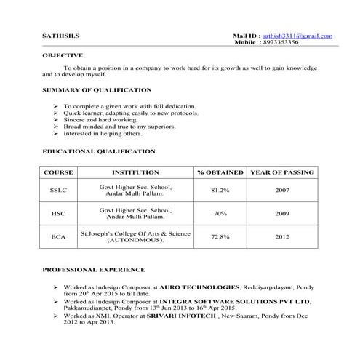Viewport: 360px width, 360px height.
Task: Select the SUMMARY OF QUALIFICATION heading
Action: [97, 90]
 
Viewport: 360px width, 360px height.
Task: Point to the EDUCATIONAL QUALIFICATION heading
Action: [99, 151]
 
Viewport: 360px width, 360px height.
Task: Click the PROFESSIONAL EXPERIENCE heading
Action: [93, 270]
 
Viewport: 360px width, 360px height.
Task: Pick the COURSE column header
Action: [59, 172]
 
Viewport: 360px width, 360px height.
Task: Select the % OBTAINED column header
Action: [220, 172]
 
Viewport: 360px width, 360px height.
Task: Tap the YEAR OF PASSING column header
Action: [282, 172]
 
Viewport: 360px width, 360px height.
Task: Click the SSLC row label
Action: [59, 191]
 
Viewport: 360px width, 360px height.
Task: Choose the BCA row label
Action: [59, 236]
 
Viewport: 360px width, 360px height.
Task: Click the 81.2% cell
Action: [220, 191]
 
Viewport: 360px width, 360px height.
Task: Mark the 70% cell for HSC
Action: [220, 214]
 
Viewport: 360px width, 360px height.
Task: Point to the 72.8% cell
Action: [220, 236]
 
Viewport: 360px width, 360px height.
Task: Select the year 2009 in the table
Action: [282, 214]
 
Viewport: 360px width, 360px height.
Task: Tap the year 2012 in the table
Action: [282, 236]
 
